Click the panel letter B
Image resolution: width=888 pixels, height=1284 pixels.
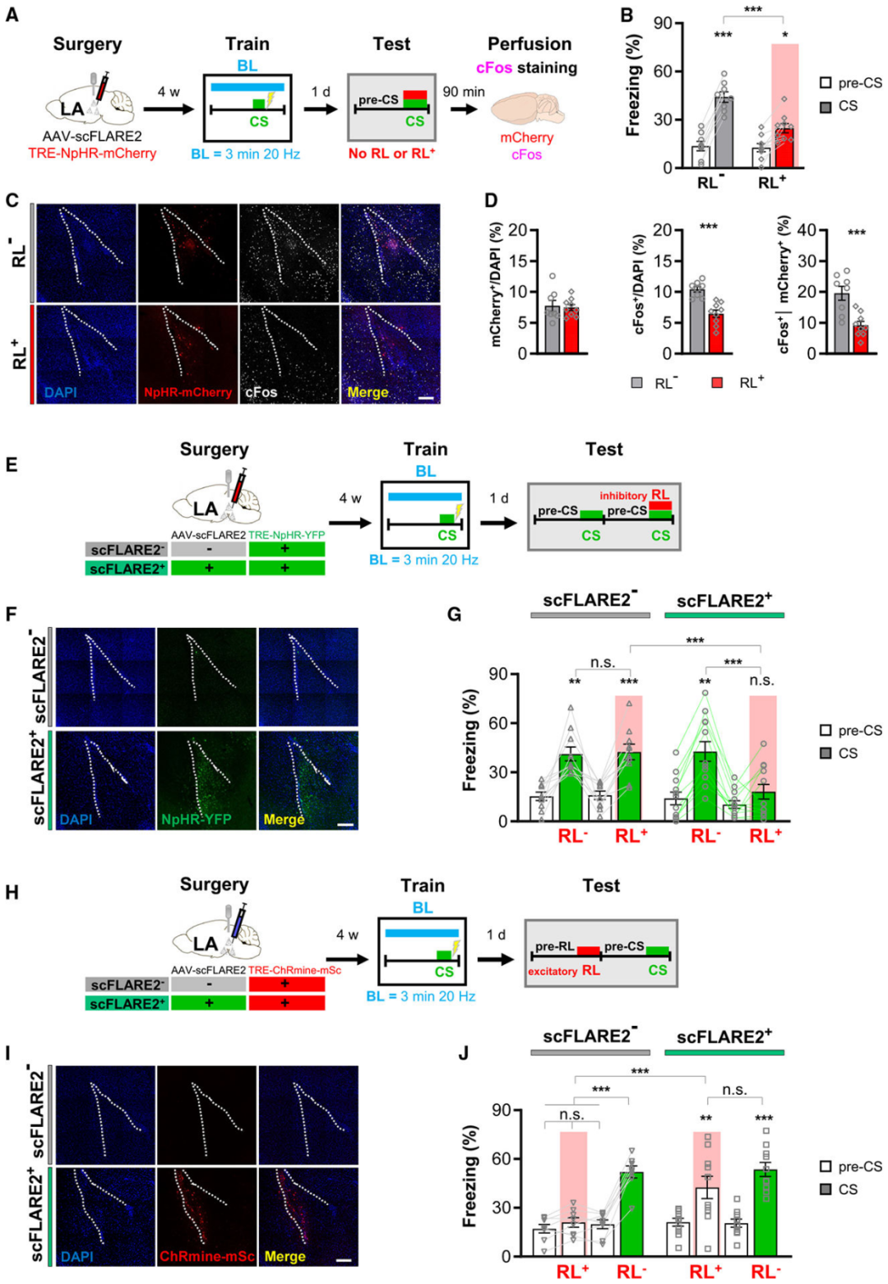tap(627, 16)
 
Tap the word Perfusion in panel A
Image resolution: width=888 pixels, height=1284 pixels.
tap(529, 44)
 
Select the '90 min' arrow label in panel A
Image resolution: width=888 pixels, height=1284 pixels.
tap(464, 92)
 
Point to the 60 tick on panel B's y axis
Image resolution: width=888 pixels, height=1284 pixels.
tap(663, 72)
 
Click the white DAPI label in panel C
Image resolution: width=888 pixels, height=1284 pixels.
tap(61, 393)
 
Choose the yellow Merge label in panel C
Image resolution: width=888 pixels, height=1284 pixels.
tap(367, 393)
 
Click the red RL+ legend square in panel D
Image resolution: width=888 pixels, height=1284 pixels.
tap(717, 382)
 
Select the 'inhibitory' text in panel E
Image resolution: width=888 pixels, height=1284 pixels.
tap(622, 496)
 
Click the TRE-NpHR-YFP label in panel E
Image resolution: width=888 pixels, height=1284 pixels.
tap(287, 534)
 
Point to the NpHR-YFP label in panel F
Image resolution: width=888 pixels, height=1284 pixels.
tap(197, 820)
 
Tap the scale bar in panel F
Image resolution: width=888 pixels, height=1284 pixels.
tap(345, 823)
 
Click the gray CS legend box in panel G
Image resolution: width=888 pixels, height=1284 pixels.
tap(826, 753)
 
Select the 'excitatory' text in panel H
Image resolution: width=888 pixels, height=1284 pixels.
tap(553, 972)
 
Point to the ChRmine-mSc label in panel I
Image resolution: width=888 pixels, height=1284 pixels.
tap(206, 1257)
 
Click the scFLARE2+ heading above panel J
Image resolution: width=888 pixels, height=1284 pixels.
tap(724, 1037)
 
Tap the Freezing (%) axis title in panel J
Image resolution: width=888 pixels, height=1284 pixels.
tap(470, 1176)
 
